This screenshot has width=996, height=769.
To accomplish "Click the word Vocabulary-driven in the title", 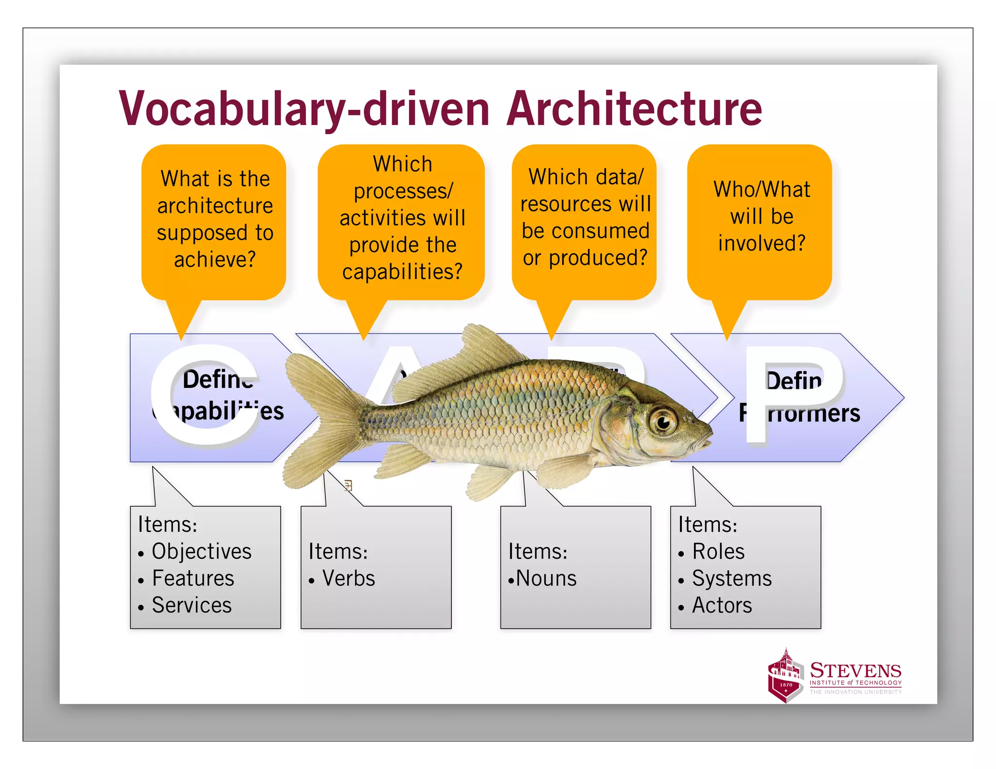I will tap(304, 109).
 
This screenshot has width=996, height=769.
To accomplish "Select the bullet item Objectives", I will tap(201, 551).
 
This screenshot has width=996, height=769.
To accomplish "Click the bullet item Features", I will tap(193, 578).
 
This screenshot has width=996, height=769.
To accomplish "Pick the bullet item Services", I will tap(192, 605).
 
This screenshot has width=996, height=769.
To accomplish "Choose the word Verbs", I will tap(348, 578).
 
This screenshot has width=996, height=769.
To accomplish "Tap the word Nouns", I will tap(546, 578).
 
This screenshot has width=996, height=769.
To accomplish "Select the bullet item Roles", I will tap(718, 551).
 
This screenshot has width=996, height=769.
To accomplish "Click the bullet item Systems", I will tap(731, 578).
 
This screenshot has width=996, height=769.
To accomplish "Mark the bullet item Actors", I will tap(722, 605).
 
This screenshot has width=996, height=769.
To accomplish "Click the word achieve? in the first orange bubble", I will tap(214, 259).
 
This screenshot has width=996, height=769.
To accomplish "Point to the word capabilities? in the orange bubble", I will tap(402, 271).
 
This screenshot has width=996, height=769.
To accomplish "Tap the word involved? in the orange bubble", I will tap(762, 243).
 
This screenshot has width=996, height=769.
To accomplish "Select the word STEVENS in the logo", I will tap(855, 671).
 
